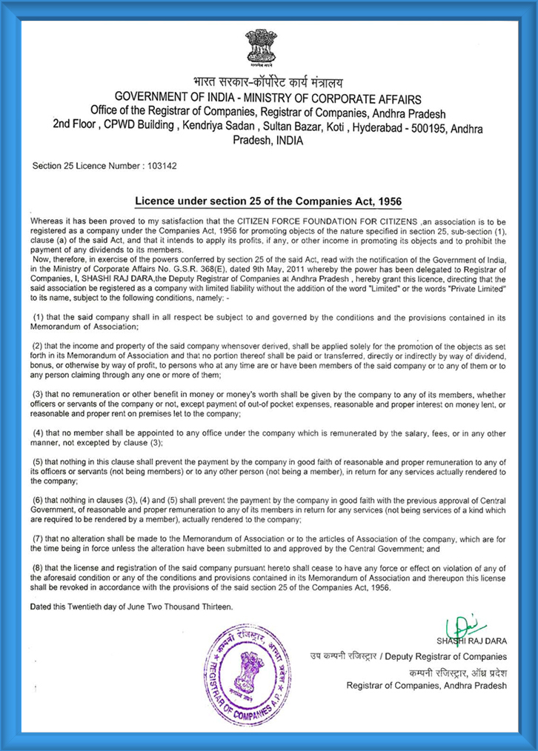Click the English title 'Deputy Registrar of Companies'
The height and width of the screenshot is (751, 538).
tap(449, 657)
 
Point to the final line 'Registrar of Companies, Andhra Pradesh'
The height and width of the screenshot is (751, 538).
tap(427, 685)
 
